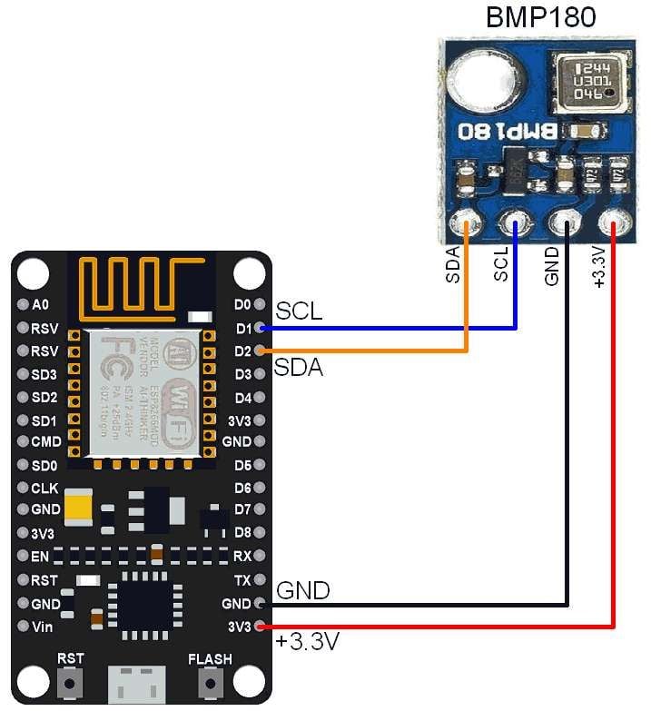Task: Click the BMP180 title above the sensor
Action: click(x=540, y=17)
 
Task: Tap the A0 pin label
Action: click(x=40, y=304)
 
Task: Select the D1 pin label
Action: click(x=242, y=328)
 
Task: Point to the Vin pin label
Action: click(x=42, y=627)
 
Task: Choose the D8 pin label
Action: click(x=242, y=532)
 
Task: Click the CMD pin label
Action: click(x=45, y=443)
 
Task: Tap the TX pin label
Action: click(x=242, y=579)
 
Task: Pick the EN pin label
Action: click(x=40, y=556)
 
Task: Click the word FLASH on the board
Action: click(x=209, y=658)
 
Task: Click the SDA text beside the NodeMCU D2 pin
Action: click(x=299, y=368)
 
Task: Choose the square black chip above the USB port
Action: click(x=139, y=602)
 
